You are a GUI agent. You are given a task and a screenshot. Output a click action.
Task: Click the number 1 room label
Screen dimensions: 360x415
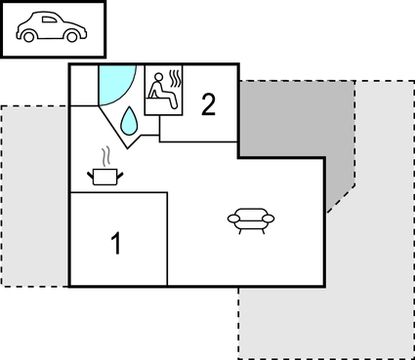[117, 243]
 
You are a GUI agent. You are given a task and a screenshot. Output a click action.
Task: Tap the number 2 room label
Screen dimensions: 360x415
[208, 104]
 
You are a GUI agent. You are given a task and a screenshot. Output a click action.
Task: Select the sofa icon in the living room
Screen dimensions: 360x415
[251, 220]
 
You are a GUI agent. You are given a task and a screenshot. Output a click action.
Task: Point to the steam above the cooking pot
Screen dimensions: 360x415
[104, 156]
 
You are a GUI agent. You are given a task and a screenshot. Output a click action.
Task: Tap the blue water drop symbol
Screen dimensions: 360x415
[128, 120]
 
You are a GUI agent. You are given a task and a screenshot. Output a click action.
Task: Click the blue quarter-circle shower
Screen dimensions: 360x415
[112, 82]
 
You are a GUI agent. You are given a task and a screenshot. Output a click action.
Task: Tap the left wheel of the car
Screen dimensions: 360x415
[29, 38]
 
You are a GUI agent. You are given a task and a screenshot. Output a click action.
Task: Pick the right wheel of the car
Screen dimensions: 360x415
[71, 38]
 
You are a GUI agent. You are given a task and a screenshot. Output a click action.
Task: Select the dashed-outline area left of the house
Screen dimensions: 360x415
[34, 195]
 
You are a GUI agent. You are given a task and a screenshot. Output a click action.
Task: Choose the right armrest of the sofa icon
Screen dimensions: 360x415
[270, 219]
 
